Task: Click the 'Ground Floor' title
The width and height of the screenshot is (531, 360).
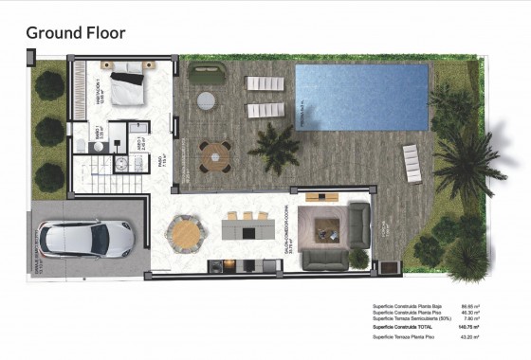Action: click(75, 33)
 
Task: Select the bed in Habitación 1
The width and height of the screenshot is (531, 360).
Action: click(126, 87)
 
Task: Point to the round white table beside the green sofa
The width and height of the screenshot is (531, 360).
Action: click(206, 99)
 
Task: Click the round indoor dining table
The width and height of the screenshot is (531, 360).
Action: click(186, 232)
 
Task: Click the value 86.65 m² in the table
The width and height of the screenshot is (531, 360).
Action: click(471, 307)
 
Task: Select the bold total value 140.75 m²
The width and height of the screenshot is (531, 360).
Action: click(470, 327)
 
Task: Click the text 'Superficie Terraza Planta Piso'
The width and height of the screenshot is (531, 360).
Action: click(401, 337)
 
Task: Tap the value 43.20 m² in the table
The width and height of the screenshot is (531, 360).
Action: click(471, 337)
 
